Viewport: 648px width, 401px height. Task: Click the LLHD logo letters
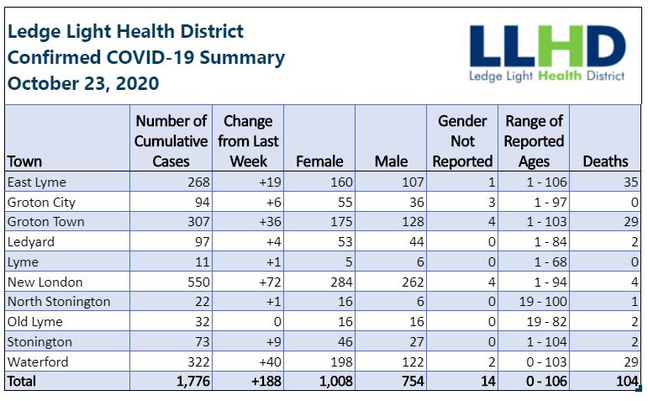point(547,46)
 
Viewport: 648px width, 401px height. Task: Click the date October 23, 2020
point(83,83)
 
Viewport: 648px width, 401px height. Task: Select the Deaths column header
point(605,161)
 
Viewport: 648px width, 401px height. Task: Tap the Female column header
point(319,161)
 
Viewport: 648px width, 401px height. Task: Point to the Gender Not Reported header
point(462,141)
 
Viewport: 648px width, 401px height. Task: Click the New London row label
point(45,282)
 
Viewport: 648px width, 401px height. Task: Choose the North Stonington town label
point(59,302)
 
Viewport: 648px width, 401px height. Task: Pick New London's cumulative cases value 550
point(198,282)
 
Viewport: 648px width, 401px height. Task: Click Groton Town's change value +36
point(271,222)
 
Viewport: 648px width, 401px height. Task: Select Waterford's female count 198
point(341,362)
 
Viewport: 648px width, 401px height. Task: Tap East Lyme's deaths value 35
point(631,182)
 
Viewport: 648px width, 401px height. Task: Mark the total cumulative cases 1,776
point(193,381)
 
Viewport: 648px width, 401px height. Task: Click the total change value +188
point(266,381)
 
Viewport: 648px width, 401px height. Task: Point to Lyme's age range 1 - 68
point(551,262)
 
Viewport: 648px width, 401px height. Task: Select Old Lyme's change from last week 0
point(277,322)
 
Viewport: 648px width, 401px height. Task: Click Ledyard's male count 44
point(416,242)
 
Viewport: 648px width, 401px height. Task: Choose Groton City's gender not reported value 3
point(492,202)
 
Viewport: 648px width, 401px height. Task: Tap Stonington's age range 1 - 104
point(547,342)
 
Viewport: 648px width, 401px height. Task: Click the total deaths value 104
point(627,381)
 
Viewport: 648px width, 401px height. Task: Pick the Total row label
point(22,381)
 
